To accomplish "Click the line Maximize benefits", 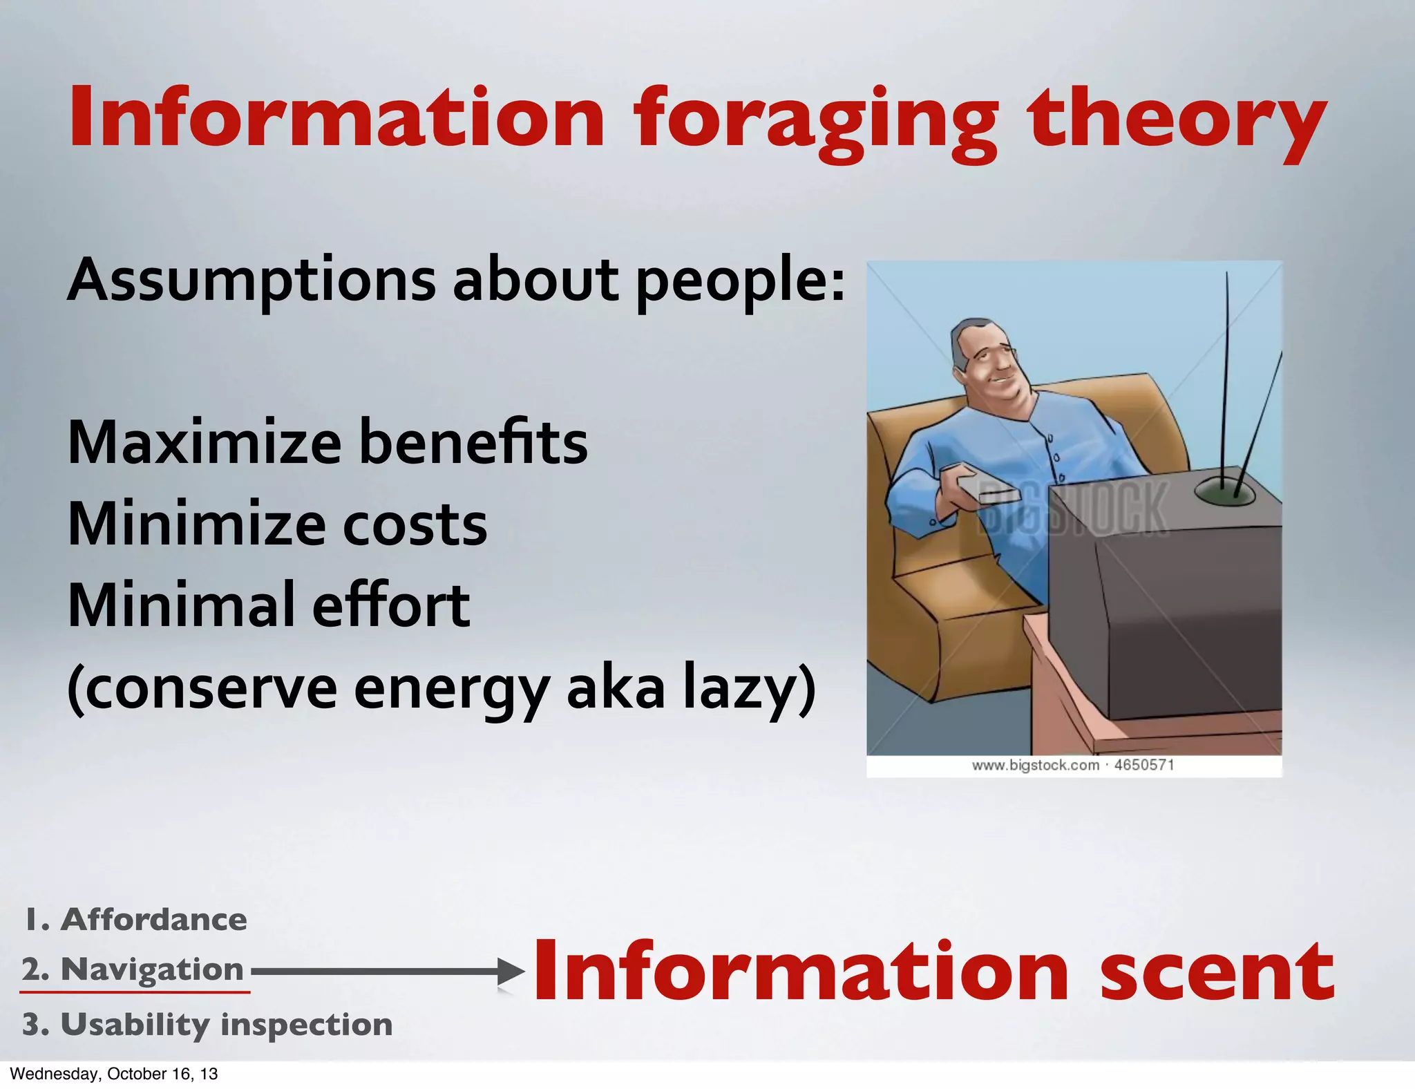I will (327, 442).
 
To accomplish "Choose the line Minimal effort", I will (269, 605).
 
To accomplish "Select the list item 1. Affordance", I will (135, 920).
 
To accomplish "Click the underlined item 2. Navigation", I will (133, 969).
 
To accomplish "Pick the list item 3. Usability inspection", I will (207, 1025).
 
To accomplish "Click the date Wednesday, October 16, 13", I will (114, 1074).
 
